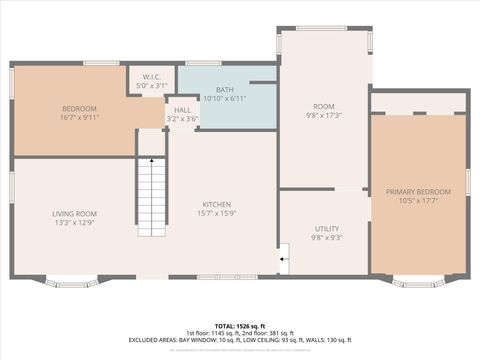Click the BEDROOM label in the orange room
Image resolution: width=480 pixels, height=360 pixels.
(79, 108)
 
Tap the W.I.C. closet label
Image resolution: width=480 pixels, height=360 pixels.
(152, 77)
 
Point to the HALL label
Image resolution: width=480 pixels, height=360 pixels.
(182, 110)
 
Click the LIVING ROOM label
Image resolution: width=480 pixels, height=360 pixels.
(74, 213)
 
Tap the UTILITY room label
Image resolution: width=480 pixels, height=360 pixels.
(327, 229)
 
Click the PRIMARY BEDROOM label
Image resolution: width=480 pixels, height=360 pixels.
(420, 191)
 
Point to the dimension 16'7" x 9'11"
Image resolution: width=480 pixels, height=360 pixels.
(79, 117)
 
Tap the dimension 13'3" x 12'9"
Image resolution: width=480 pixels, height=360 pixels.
(74, 222)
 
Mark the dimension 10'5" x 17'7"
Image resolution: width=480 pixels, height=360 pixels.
(420, 200)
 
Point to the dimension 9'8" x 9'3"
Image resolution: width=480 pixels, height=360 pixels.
(327, 238)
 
